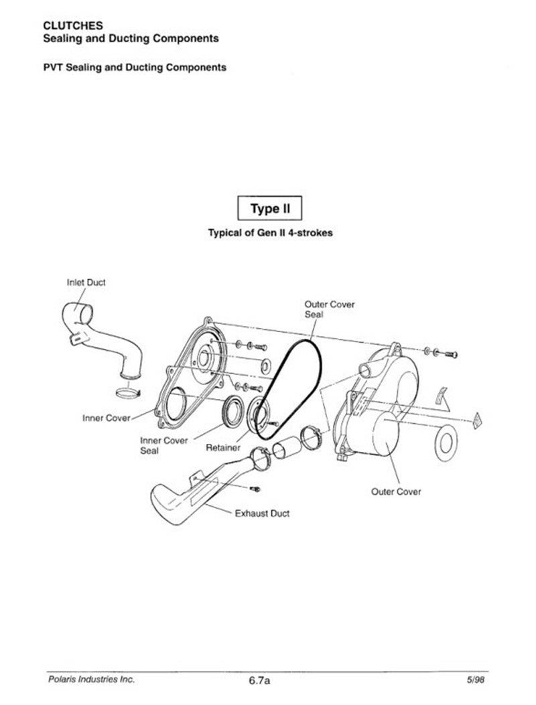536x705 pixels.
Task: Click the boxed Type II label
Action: point(270,208)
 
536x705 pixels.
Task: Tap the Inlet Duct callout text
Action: point(86,283)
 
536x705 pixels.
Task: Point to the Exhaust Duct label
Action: point(262,514)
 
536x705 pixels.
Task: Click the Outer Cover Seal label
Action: point(330,309)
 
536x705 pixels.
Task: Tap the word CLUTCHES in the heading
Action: point(73,25)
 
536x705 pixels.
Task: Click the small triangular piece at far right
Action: point(478,419)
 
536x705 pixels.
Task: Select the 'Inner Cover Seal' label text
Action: point(163,445)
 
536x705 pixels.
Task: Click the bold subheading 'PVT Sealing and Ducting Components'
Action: point(135,68)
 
